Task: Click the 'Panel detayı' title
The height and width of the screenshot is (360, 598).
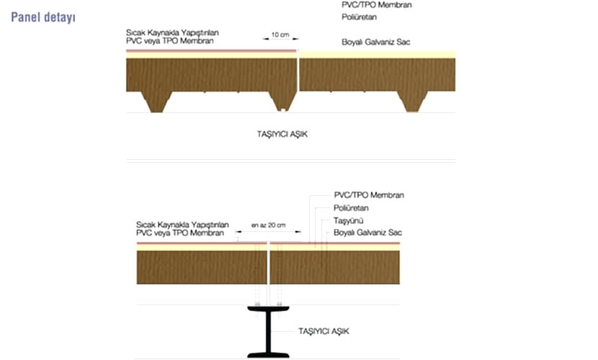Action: point(43,16)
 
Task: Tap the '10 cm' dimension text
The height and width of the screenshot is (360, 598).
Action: point(281,35)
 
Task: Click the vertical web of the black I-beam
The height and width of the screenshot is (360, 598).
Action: point(268,330)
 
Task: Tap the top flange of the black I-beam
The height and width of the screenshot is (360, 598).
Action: point(268,310)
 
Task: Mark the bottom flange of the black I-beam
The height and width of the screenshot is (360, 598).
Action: point(268,354)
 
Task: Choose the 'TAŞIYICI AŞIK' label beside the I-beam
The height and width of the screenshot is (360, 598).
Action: point(323,331)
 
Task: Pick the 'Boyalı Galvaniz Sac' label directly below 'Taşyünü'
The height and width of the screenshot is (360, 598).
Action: point(367,233)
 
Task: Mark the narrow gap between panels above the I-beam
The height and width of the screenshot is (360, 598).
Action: point(268,264)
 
